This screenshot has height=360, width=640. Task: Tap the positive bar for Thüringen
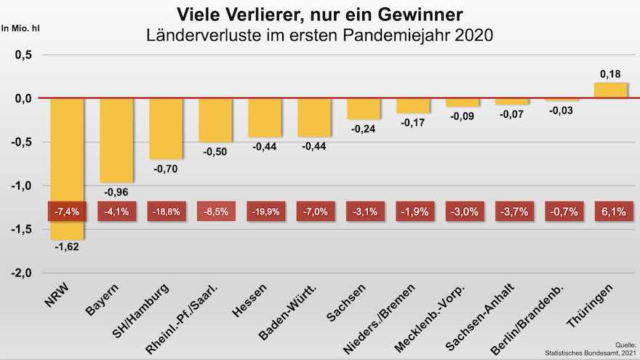pyautogui.click(x=610, y=90)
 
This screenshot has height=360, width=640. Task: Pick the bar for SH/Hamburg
pyautogui.click(x=165, y=128)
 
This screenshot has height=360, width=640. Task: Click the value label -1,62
pyautogui.click(x=66, y=247)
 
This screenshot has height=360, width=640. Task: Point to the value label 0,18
pyautogui.click(x=610, y=74)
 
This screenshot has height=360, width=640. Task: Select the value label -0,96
pyautogui.click(x=116, y=193)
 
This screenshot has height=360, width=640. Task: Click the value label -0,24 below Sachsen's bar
pyautogui.click(x=363, y=129)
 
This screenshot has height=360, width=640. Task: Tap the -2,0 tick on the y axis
pyautogui.click(x=21, y=273)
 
